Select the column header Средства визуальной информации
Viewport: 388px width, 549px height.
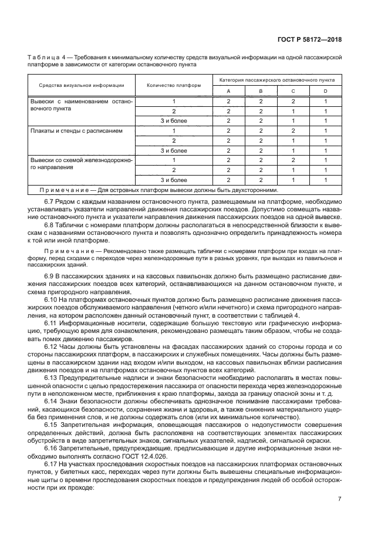[x=82, y=85]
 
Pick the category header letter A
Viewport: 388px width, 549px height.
[x=228, y=91]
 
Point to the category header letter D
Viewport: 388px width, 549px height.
[x=325, y=91]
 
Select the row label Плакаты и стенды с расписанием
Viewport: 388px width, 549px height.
[x=76, y=130]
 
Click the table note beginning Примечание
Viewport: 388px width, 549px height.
[x=159, y=190]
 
